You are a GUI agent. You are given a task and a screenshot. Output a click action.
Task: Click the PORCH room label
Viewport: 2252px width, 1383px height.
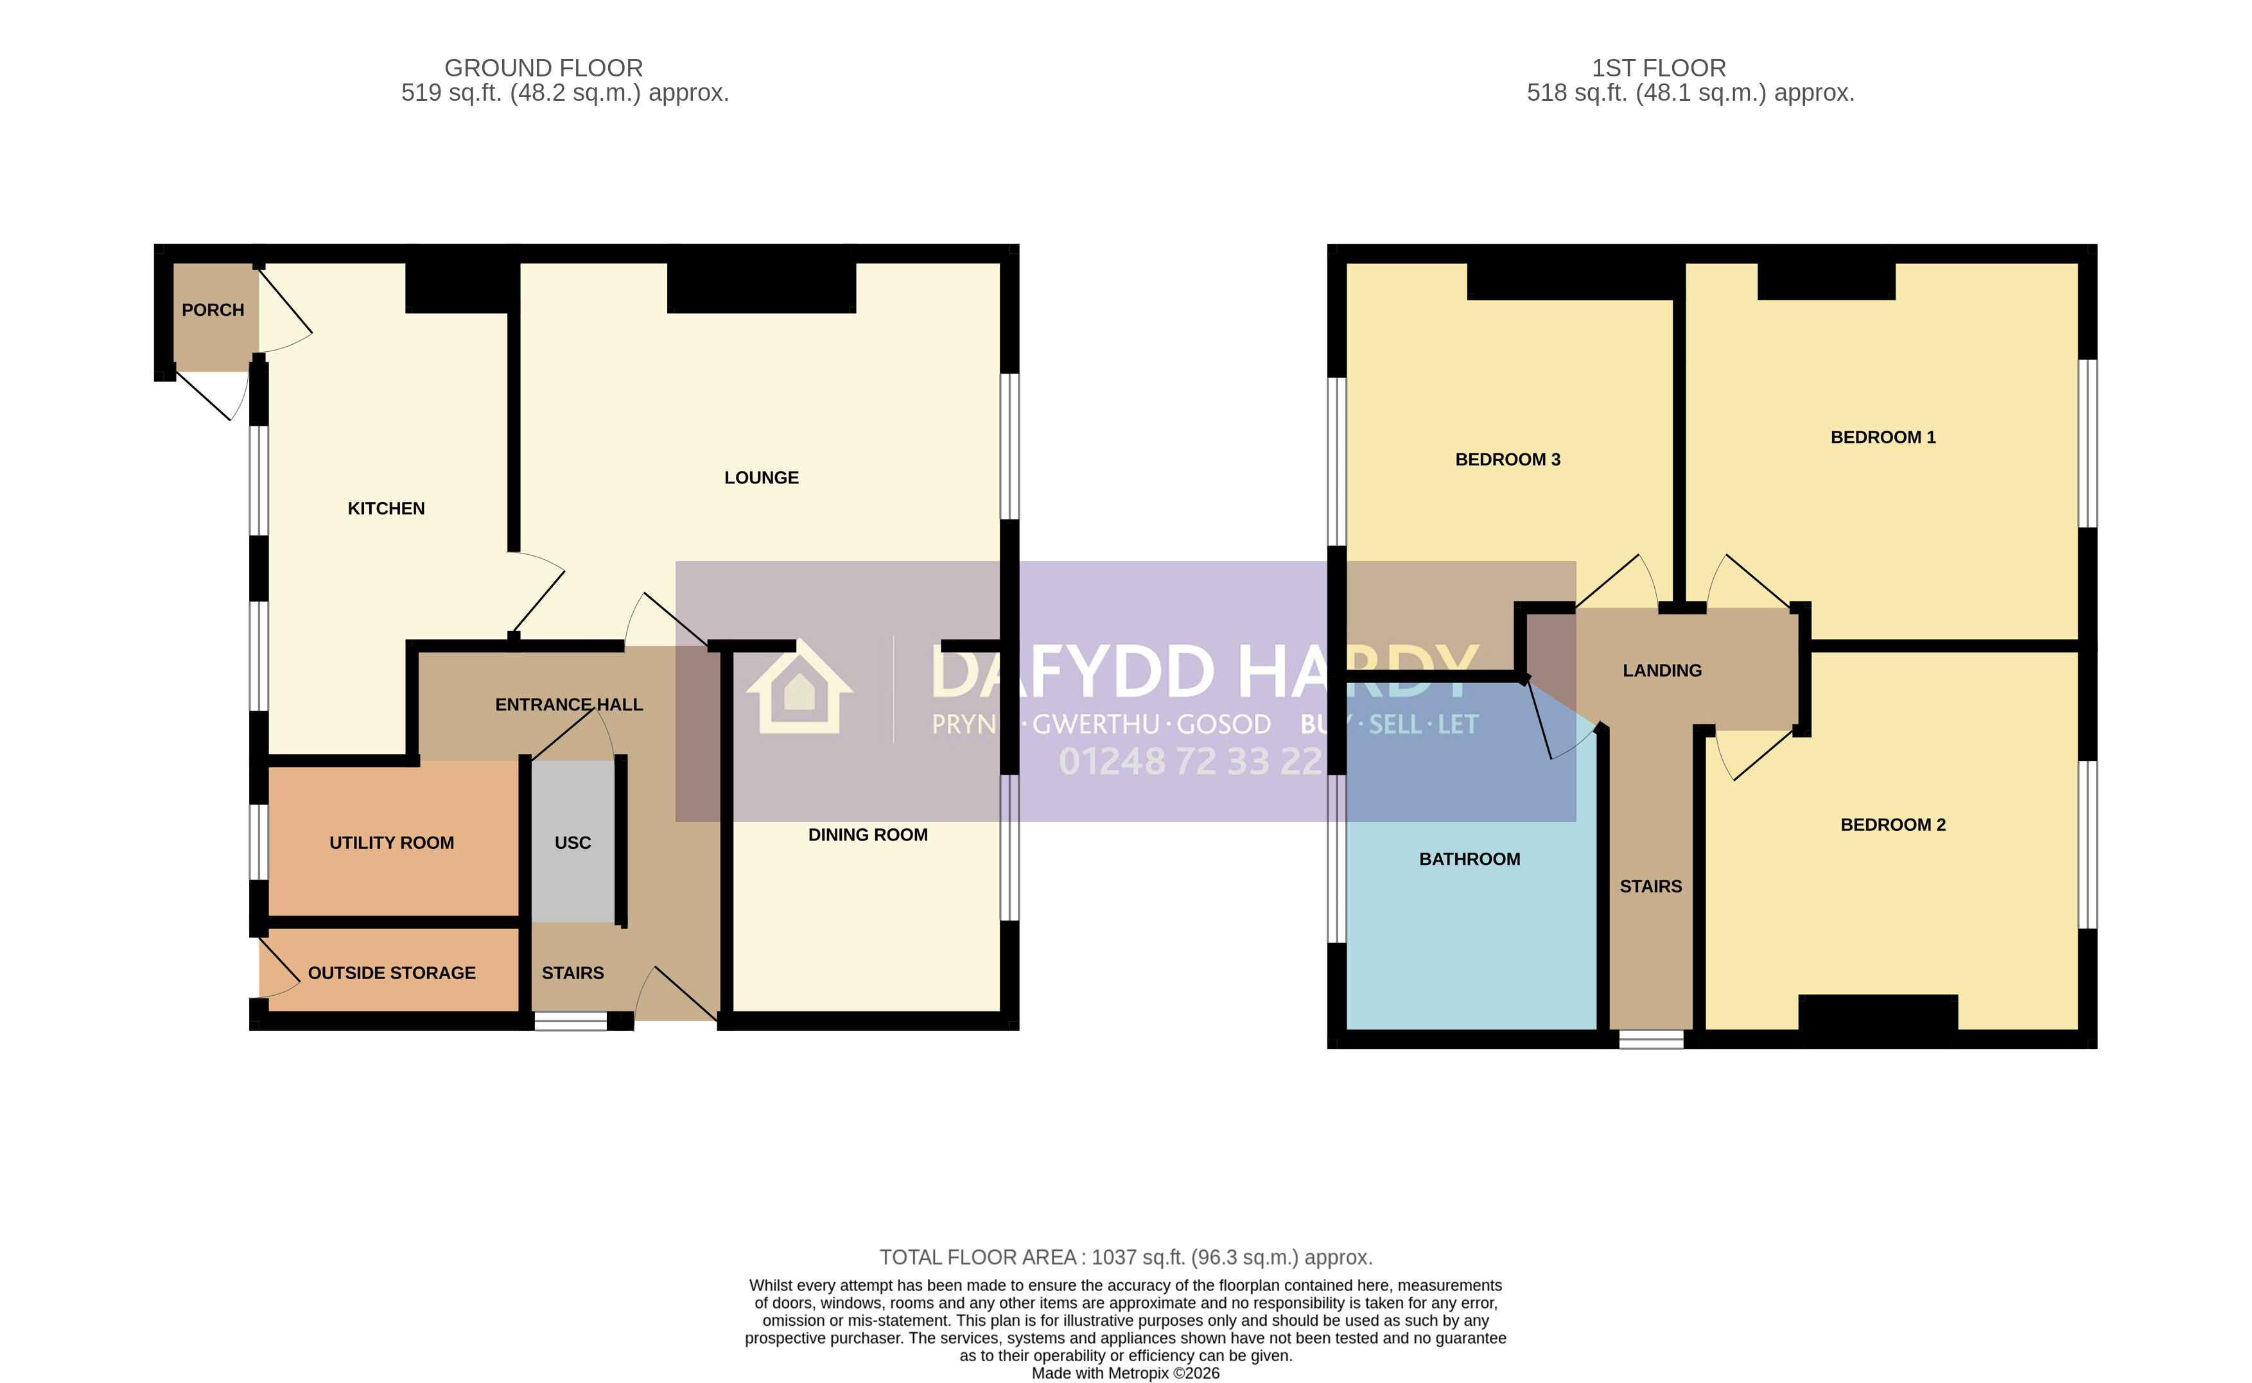coord(213,310)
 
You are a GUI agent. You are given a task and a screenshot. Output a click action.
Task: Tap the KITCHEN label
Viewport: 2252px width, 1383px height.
coord(386,509)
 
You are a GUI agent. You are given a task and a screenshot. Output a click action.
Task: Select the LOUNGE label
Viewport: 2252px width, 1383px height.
coord(761,478)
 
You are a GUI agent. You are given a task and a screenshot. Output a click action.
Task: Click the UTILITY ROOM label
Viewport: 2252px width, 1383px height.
coord(392,842)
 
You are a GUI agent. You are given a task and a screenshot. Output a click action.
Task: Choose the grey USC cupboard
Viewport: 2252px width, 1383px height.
coord(573,840)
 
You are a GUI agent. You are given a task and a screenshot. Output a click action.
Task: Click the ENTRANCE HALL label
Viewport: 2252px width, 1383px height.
coord(569,704)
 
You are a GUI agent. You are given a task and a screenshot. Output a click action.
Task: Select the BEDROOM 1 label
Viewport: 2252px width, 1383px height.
coord(1883,437)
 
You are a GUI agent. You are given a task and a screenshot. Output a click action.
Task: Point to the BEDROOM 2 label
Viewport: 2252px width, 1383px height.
coord(1892,825)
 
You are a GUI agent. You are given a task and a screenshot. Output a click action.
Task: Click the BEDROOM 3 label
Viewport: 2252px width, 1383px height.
coord(1507,459)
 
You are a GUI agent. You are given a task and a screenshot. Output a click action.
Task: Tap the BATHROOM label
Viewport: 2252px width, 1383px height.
coord(1470,859)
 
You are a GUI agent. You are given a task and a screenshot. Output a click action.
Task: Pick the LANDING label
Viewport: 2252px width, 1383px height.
coord(1662,670)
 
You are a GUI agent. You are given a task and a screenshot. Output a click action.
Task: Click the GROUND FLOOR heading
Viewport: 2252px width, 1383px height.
coord(543,67)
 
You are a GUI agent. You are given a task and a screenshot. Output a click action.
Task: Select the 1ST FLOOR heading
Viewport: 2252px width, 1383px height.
coord(1659,67)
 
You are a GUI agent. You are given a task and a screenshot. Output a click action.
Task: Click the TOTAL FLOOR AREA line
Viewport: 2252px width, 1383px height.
coord(1126,1258)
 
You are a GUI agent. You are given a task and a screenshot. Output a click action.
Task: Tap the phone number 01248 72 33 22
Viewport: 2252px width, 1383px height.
coord(1190,761)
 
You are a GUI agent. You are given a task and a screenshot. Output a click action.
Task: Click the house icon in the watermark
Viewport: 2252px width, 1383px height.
coord(799,687)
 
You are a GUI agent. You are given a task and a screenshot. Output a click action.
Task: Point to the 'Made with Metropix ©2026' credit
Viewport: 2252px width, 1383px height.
coord(1125,1373)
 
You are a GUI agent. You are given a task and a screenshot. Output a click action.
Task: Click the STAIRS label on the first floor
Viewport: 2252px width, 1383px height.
coord(1650,886)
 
